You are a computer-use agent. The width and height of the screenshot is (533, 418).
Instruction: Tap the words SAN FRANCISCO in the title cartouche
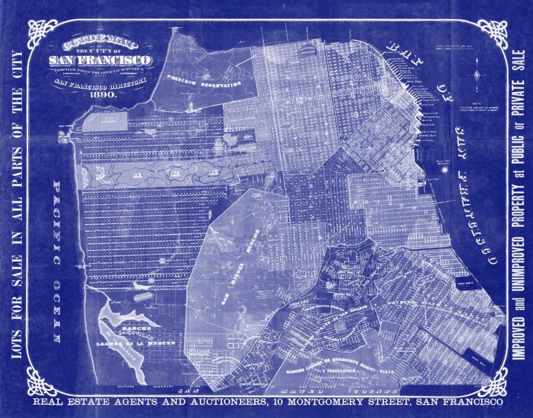100,59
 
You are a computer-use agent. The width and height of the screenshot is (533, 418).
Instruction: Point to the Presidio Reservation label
203,82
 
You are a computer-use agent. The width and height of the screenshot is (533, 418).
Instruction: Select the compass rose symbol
477,75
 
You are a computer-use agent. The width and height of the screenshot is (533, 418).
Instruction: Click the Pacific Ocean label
57,261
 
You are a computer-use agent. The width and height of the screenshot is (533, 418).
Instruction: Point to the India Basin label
466,285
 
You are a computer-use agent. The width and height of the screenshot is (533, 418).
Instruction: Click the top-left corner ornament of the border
42,33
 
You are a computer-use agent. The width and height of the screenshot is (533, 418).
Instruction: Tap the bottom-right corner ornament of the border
492,382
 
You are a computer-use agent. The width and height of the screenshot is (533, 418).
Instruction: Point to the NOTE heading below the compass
476,103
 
